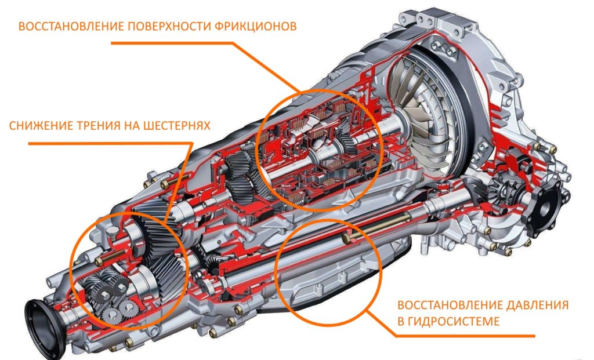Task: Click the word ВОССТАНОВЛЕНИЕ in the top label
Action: pos(71,27)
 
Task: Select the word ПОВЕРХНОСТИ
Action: pos(169,27)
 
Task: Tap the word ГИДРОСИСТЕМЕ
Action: pos(454,321)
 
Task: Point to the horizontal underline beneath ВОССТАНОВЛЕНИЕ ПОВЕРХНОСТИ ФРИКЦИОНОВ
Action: pos(172,43)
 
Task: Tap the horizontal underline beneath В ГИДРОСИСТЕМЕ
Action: pos(466,336)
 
